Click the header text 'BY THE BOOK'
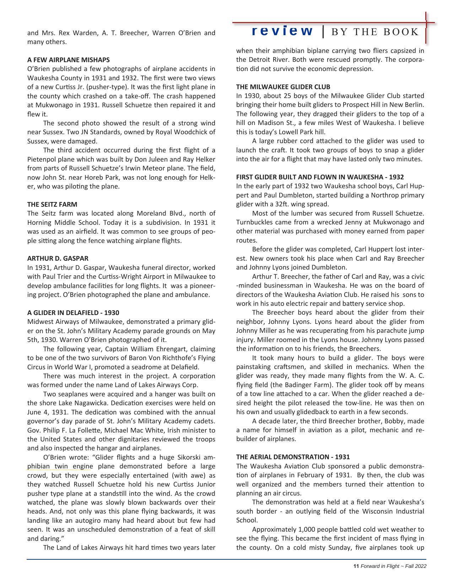pyautogui.click(x=375, y=32)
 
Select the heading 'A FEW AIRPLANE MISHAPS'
pyautogui.click(x=68, y=60)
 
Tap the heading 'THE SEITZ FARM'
pyautogui.click(x=52, y=204)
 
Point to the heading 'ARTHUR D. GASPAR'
pyautogui.click(x=58, y=258)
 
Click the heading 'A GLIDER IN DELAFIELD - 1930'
pyautogui.click(x=73, y=313)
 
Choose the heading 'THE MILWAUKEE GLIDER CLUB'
pyautogui.click(x=283, y=87)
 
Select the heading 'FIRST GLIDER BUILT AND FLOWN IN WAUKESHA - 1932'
pyautogui.click(x=320, y=177)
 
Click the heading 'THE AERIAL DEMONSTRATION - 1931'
pyautogui.click(x=293, y=457)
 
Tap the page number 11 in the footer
pyautogui.click(x=356, y=566)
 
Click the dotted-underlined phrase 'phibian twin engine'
pyautogui.click(x=60, y=466)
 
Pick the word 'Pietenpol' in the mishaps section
pyautogui.click(x=41, y=159)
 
